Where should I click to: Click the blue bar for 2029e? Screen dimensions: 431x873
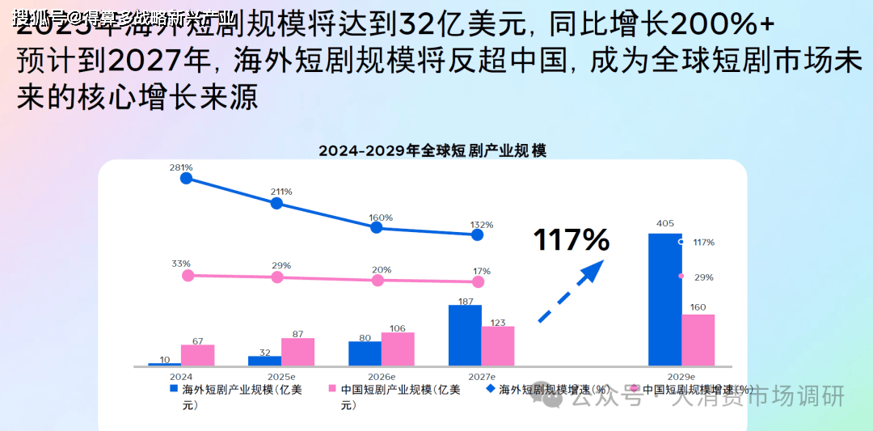point(664,299)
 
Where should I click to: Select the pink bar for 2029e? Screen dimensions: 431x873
point(698,340)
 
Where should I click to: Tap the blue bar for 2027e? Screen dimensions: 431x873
point(465,335)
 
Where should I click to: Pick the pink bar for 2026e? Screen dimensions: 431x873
point(398,349)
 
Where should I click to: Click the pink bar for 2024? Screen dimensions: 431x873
point(197,355)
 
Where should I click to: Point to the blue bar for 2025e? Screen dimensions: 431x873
point(264,361)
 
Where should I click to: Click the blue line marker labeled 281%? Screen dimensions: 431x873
point(187,178)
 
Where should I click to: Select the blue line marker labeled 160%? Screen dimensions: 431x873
point(376,228)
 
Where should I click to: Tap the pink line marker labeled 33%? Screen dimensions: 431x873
point(188,275)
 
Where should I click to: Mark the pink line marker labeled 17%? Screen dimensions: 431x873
point(478,281)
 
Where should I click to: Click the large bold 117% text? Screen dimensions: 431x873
point(571,239)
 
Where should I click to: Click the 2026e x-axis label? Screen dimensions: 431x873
point(382,377)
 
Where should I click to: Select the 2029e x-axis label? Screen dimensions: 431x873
point(681,377)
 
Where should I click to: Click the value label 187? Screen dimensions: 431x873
point(465,301)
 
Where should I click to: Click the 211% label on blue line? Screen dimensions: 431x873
point(281,192)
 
